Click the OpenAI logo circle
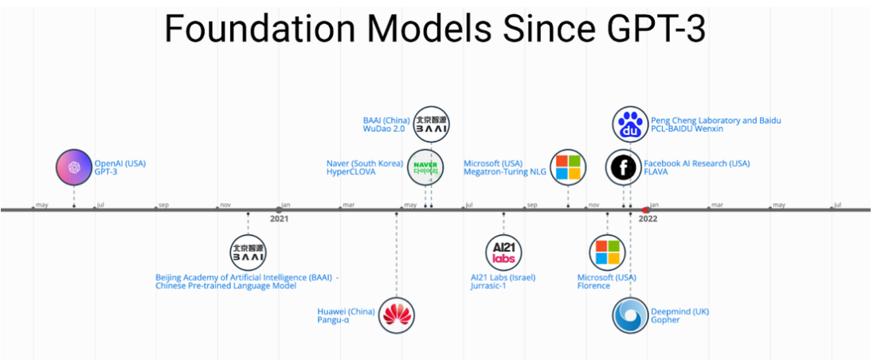[x=74, y=167]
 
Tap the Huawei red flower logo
[x=397, y=315]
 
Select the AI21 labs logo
[x=503, y=252]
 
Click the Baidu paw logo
[x=631, y=125]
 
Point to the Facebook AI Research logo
[x=623, y=167]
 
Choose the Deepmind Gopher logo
[x=631, y=315]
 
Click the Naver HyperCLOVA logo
[x=425, y=167]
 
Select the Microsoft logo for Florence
[x=607, y=252]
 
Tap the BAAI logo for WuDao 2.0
[x=432, y=123]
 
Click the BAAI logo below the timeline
[x=248, y=252]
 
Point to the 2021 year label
[x=279, y=218]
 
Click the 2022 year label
[x=648, y=218]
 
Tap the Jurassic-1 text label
[x=488, y=286]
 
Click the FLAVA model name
[x=656, y=171]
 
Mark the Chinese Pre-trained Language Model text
[x=225, y=286]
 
